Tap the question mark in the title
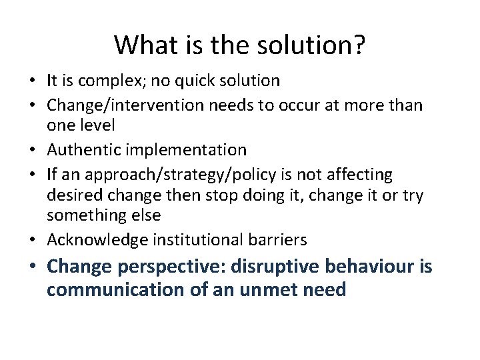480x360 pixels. [x=358, y=45]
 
